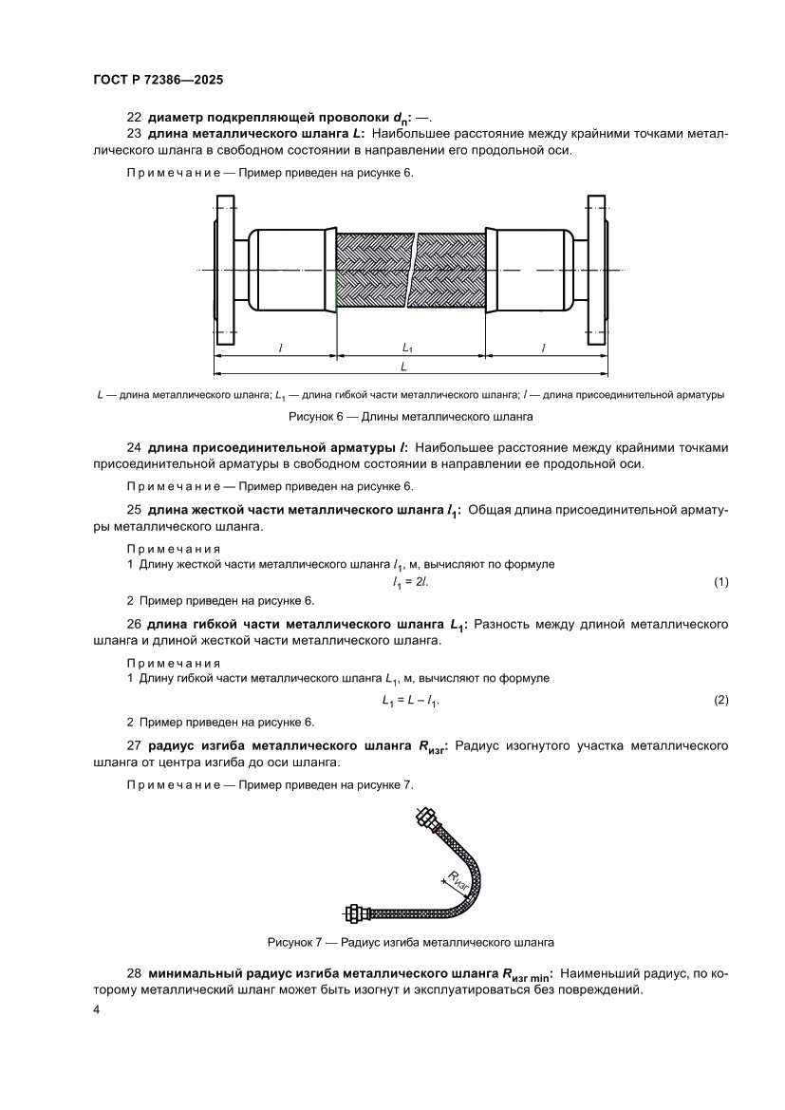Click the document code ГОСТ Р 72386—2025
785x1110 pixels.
158,81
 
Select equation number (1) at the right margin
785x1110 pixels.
720,581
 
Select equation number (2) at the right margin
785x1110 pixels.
720,700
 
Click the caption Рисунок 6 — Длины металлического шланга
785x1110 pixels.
411,416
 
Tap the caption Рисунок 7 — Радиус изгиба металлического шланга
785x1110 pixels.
411,943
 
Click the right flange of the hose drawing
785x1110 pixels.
596,271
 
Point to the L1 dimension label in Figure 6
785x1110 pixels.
408,348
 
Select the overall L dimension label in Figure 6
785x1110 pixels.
404,366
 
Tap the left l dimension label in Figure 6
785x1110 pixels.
281,348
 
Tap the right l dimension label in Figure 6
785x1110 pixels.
544,348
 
